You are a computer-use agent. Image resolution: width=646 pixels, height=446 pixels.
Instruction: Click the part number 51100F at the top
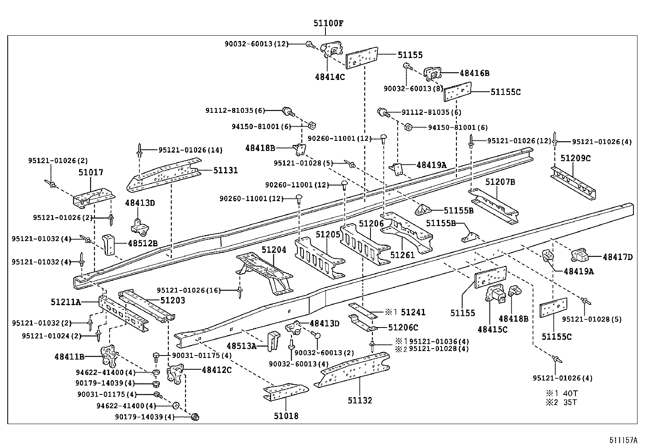[328, 24]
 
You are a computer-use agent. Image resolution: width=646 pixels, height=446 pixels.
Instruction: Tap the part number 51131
[226, 170]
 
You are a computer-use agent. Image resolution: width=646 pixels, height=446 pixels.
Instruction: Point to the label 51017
[91, 172]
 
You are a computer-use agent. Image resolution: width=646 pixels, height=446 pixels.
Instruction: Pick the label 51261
[402, 255]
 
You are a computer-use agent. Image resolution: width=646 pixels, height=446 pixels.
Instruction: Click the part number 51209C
[576, 158]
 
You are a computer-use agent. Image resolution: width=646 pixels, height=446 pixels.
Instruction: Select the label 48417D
[618, 256]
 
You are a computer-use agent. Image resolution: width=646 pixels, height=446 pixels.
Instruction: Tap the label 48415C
[492, 329]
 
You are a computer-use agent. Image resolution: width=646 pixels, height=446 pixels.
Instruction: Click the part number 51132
[360, 401]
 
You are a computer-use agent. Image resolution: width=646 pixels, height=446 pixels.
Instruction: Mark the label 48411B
[69, 357]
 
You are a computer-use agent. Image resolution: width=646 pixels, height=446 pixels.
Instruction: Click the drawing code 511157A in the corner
[622, 440]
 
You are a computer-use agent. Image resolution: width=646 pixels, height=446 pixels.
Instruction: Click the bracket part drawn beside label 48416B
[433, 75]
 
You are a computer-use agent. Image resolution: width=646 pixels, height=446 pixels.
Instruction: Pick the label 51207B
[500, 182]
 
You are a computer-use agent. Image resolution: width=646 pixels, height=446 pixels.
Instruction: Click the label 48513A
[241, 346]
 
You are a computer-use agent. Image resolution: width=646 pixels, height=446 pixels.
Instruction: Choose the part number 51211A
[66, 302]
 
